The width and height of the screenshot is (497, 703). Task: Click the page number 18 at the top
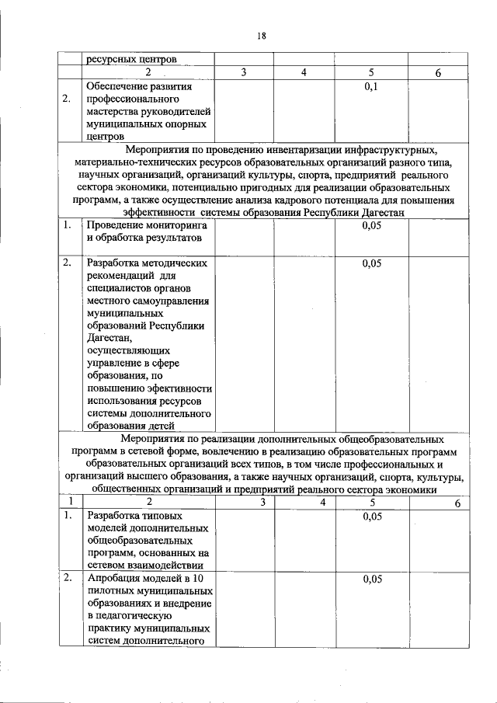(262, 35)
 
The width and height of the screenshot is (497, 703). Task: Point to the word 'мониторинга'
(169, 225)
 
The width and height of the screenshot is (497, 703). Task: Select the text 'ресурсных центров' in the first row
(132, 59)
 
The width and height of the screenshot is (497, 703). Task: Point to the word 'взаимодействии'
(168, 565)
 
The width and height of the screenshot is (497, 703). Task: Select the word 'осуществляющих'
(127, 350)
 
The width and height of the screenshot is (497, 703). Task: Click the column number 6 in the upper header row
(439, 73)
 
